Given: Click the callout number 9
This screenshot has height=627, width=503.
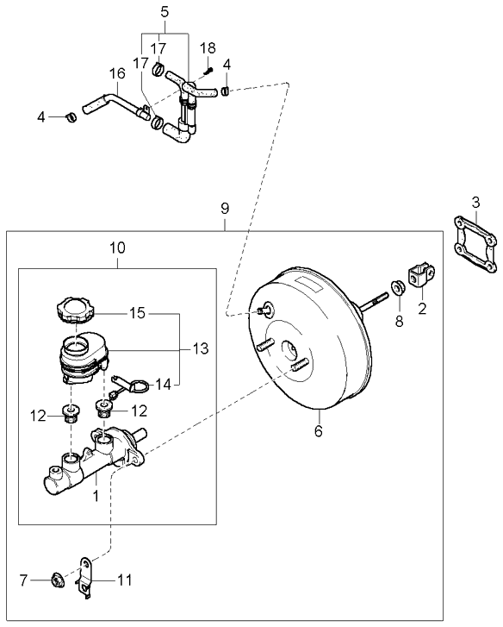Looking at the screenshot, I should (224, 208).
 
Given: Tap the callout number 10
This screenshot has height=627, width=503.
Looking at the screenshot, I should (118, 248).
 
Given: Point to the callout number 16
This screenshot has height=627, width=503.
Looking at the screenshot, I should (117, 75).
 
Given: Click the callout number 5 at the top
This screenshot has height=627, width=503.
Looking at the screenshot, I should (165, 12).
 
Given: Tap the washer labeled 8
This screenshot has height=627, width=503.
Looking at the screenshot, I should (400, 287).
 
